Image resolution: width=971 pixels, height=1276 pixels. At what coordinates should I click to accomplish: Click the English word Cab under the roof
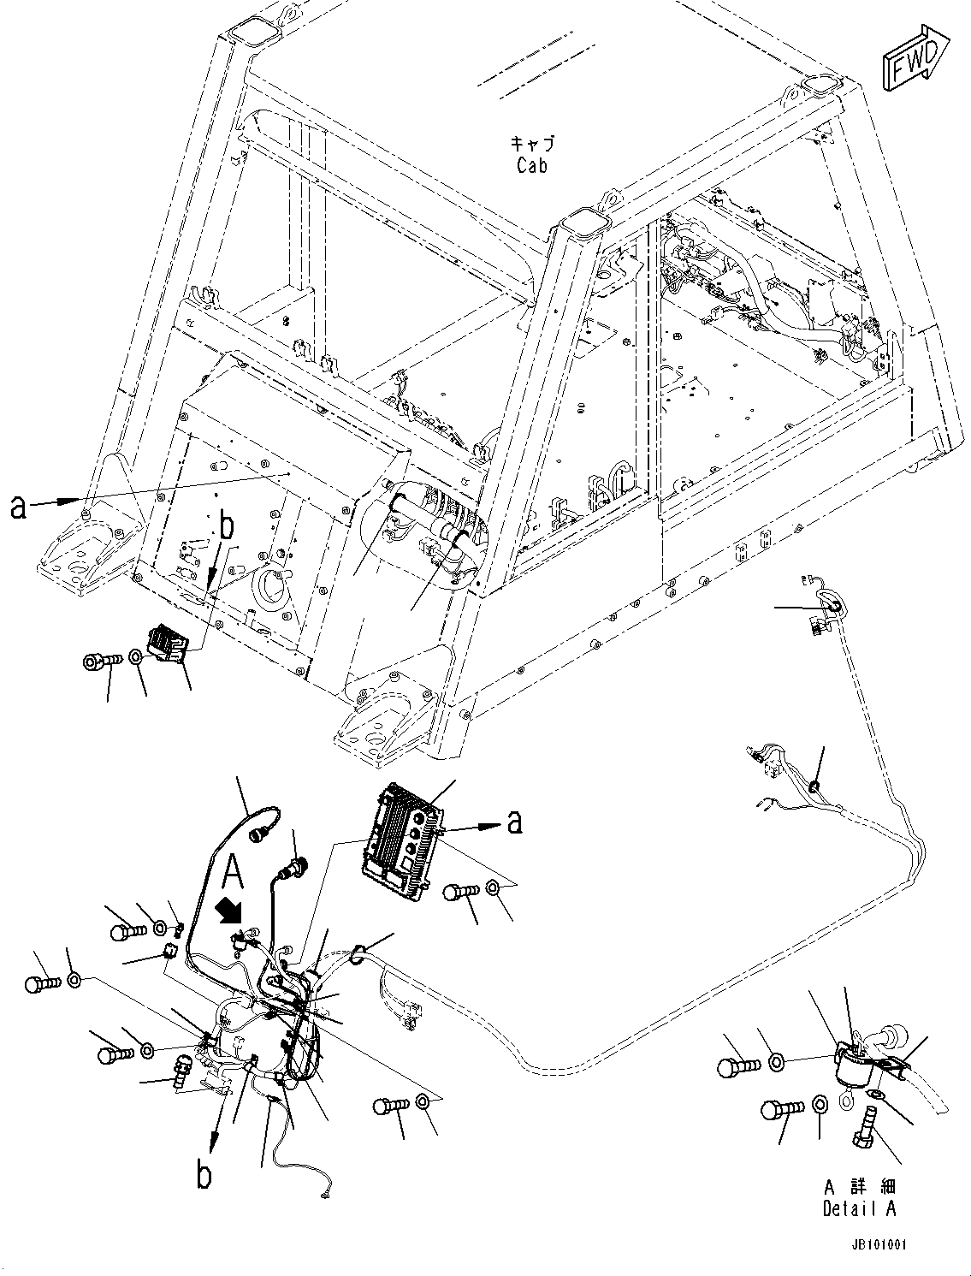(531, 165)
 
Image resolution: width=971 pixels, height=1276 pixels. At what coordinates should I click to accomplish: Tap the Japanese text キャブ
(531, 143)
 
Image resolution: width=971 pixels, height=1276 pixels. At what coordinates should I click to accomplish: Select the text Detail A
(860, 1208)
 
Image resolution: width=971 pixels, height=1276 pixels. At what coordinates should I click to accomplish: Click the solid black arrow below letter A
(232, 911)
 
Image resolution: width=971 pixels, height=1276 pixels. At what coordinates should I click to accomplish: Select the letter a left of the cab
(18, 507)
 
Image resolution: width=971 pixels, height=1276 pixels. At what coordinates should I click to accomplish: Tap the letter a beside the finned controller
(513, 822)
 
